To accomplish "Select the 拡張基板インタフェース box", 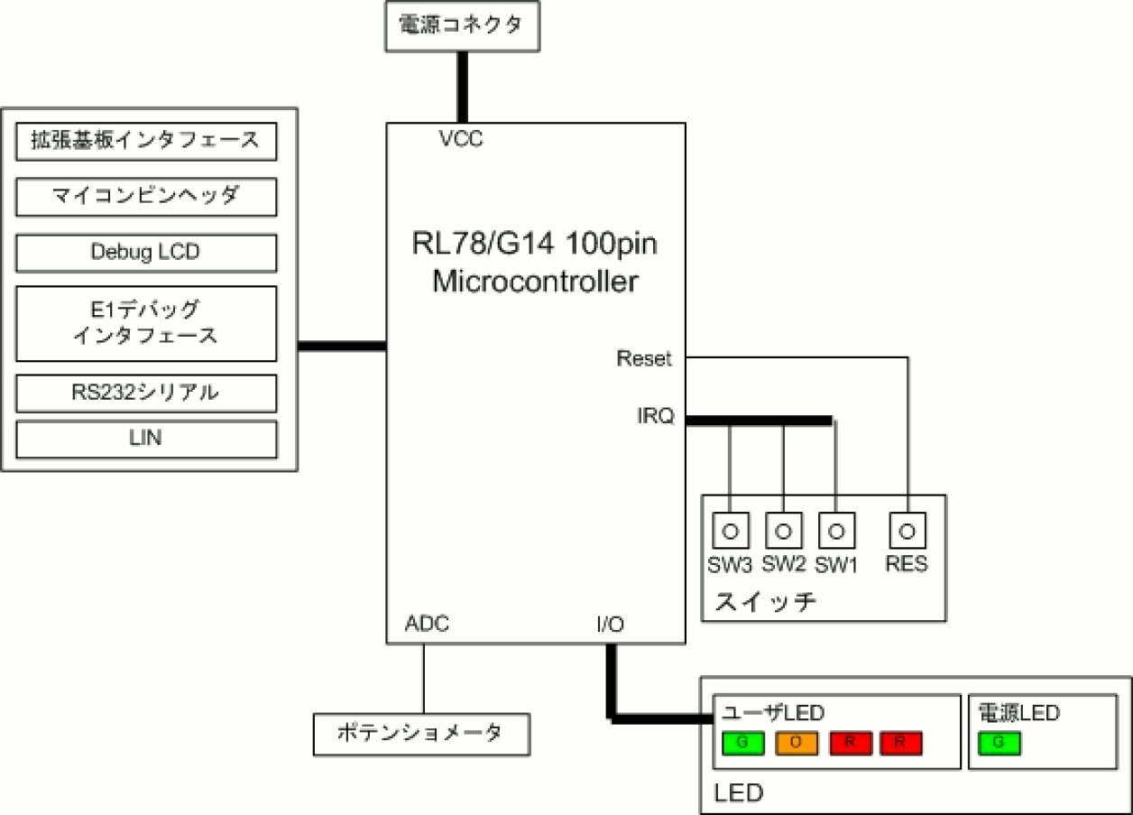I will tap(146, 141).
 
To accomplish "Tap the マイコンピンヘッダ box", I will tap(146, 197).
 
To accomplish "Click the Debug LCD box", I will tap(146, 253).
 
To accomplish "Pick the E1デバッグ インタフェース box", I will tap(146, 323).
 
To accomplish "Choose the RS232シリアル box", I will tap(146, 393).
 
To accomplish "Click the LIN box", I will tap(146, 439).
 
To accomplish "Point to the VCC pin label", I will tap(461, 140).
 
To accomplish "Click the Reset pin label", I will tap(644, 358).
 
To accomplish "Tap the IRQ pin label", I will tap(655, 417).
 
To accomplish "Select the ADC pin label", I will tap(427, 624).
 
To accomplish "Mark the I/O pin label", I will tap(610, 624).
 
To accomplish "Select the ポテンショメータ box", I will tap(420, 734).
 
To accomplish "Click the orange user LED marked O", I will tap(796, 743).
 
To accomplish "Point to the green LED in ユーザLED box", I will tap(742, 743).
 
